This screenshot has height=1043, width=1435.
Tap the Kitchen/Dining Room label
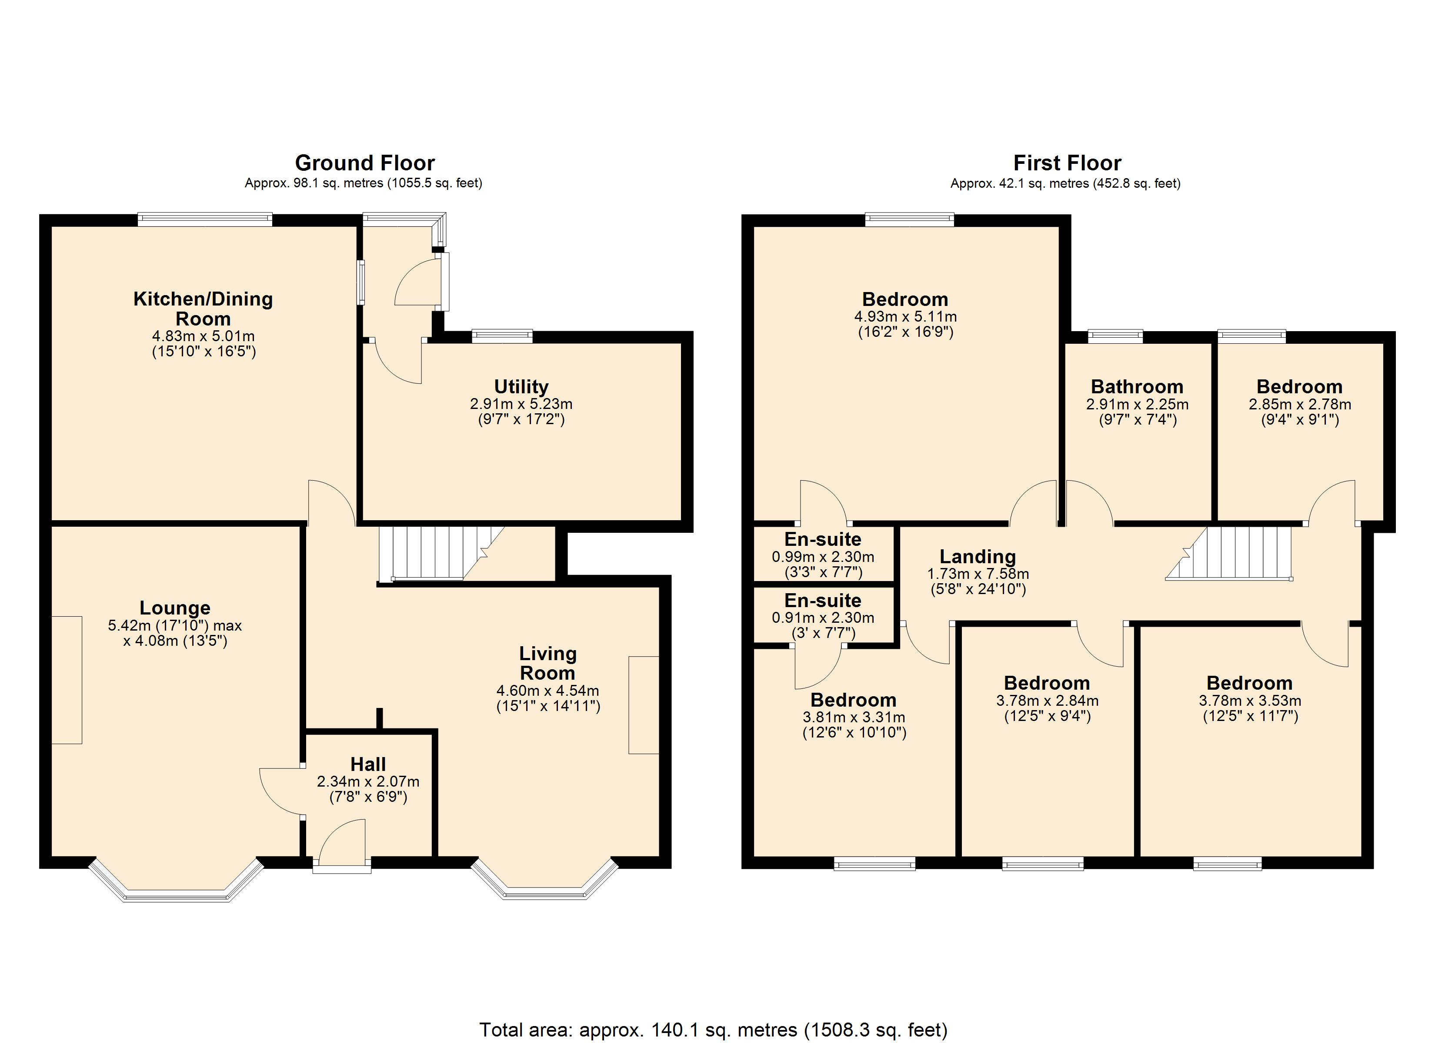click(203, 309)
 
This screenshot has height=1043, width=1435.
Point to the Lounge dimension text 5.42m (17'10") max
click(175, 625)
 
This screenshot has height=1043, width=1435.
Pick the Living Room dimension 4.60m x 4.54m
click(547, 691)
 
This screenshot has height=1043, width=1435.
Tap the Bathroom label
click(1137, 386)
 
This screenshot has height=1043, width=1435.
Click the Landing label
click(978, 557)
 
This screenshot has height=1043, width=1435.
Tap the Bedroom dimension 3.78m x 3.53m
click(1250, 701)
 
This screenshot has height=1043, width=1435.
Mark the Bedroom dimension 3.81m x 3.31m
click(854, 717)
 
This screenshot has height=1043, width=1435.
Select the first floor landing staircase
click(1229, 553)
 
